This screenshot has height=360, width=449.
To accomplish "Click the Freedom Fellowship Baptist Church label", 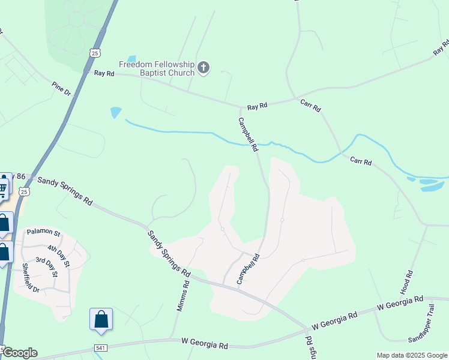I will coord(157,68).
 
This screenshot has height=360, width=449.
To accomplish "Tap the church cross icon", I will coord(203,67).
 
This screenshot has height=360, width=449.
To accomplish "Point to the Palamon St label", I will coord(43,232).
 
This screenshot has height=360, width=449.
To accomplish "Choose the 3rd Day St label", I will coord(46,267).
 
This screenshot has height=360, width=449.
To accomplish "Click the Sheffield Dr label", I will coord(31,278).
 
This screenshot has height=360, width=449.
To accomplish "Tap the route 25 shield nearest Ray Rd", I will coord(95,53).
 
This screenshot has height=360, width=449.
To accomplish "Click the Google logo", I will coord(20,353).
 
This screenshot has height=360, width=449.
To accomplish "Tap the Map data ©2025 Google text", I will coord(411,355).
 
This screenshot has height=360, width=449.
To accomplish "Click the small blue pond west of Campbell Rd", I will coord(116,112).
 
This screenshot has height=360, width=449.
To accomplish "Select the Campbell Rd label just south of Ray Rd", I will coord(249,134).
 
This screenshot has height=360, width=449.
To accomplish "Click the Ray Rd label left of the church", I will coord(104,73).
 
